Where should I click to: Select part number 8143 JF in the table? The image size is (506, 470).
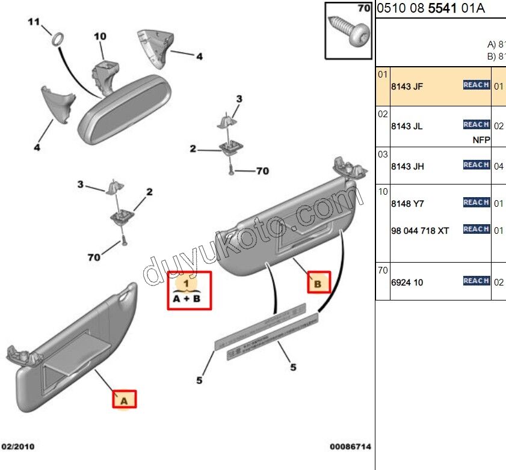pyautogui.click(x=407, y=87)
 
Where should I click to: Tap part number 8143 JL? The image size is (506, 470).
pyautogui.click(x=407, y=126)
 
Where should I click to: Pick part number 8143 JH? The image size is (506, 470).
pyautogui.click(x=407, y=166)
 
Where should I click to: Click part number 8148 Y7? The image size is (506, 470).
pyautogui.click(x=407, y=204)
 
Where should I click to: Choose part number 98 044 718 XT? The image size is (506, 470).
pyautogui.click(x=420, y=231)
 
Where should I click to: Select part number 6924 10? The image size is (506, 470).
pyautogui.click(x=407, y=282)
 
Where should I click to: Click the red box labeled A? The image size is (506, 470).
pyautogui.click(x=125, y=399)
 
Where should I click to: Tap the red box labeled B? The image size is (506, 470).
pyautogui.click(x=319, y=281)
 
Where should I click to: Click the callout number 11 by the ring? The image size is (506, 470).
pyautogui.click(x=34, y=22)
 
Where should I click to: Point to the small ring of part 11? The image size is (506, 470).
pyautogui.click(x=57, y=40)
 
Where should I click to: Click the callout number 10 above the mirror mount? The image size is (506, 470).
pyautogui.click(x=99, y=37)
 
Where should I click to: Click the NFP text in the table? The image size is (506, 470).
pyautogui.click(x=481, y=140)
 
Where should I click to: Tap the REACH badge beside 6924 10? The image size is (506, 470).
pyautogui.click(x=476, y=281)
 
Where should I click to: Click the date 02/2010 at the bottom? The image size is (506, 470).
pyautogui.click(x=18, y=447)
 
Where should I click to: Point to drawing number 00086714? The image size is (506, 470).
pyautogui.click(x=350, y=447)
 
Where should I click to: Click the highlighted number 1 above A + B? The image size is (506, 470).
pyautogui.click(x=187, y=282)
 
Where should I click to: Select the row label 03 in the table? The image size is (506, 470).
pyautogui.click(x=383, y=154)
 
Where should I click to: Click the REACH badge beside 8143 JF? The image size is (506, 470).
pyautogui.click(x=476, y=85)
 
